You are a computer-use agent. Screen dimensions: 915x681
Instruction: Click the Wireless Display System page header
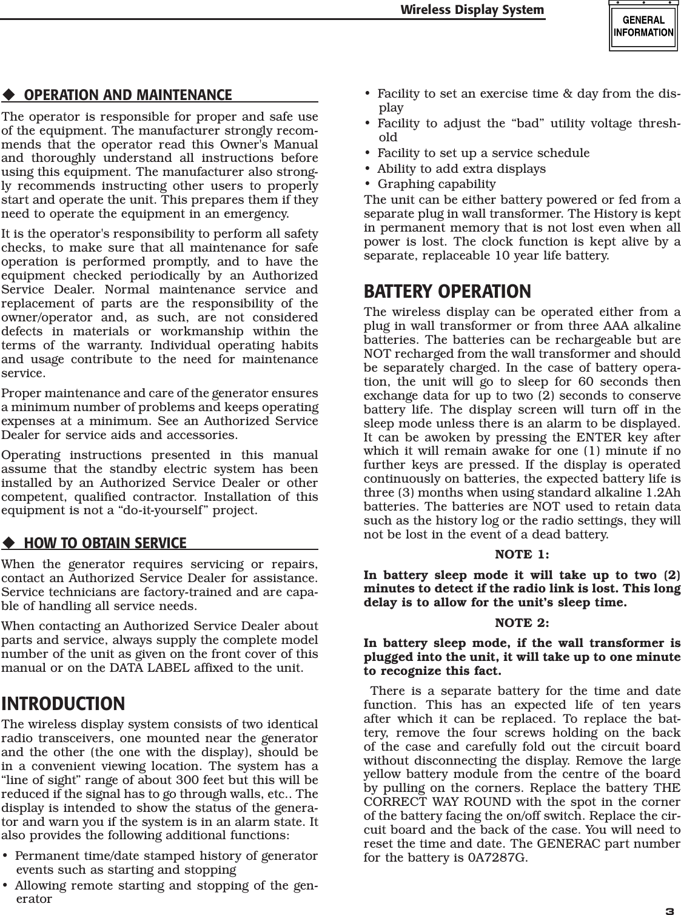pyautogui.click(x=472, y=10)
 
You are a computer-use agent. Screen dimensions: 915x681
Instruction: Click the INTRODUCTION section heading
pyautogui.click(x=64, y=704)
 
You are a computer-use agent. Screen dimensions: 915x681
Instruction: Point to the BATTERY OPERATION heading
pyautogui.click(x=447, y=292)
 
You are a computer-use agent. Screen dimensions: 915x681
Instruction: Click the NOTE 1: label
pyautogui.click(x=522, y=554)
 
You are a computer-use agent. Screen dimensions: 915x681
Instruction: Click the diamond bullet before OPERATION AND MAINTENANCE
pyautogui.click(x=8, y=96)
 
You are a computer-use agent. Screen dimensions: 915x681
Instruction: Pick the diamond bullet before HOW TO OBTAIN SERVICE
pyautogui.click(x=8, y=543)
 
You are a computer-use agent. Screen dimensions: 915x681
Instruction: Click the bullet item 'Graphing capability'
pyautogui.click(x=436, y=184)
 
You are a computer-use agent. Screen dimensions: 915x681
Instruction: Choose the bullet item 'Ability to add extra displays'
pyautogui.click(x=461, y=169)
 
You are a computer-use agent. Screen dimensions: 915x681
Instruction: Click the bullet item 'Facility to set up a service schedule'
pyautogui.click(x=483, y=153)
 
